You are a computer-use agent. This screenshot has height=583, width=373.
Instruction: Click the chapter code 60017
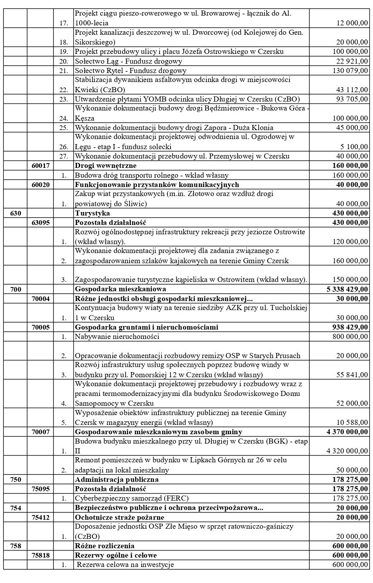coord(41,166)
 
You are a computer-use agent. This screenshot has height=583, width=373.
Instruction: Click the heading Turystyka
coord(92,213)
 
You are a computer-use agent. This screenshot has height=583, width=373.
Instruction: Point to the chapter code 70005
coord(41,327)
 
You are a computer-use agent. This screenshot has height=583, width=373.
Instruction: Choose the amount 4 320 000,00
coord(347,451)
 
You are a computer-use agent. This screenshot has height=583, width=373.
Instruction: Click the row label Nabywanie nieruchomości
coord(117,337)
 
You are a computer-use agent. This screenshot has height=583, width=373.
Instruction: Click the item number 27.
coord(64,156)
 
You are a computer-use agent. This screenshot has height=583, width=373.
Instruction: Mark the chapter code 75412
coord(41,517)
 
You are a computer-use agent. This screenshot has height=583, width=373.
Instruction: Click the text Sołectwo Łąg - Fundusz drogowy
coord(128,61)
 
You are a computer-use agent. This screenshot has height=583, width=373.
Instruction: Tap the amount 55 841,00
coord(352,375)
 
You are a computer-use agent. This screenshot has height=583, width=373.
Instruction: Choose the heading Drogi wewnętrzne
coord(106,166)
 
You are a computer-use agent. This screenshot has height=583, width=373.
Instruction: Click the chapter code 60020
coord(41,185)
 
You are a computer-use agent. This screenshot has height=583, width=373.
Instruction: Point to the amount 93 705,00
coord(352,99)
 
